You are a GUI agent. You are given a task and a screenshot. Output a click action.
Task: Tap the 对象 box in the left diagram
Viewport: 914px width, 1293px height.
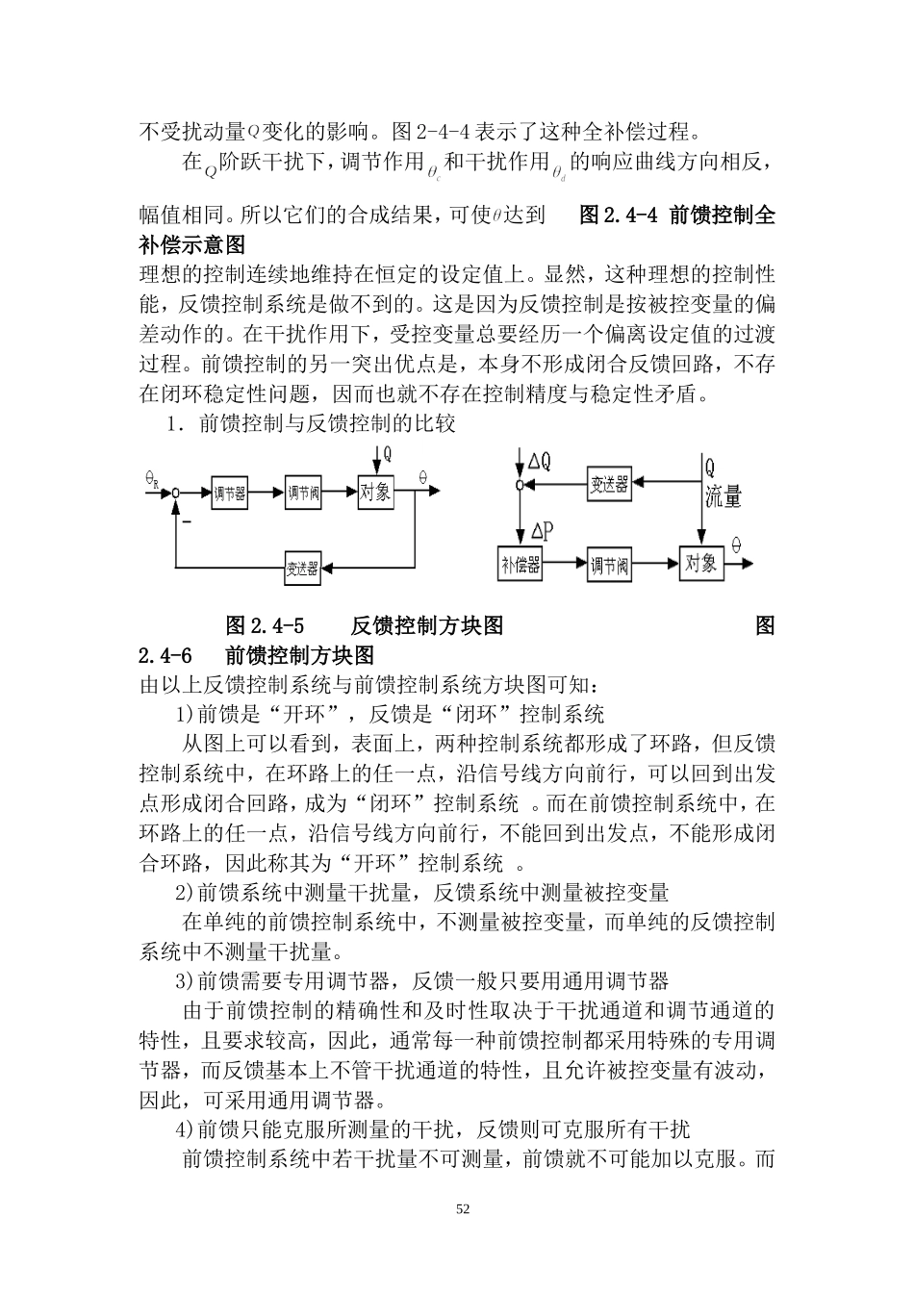coord(375,493)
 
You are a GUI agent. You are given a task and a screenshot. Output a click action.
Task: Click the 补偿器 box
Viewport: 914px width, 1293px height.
coord(520,565)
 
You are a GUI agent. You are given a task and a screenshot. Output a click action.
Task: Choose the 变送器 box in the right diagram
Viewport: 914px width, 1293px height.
coord(609,485)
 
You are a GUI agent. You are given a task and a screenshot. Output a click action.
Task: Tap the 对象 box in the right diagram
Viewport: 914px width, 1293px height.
coord(700,563)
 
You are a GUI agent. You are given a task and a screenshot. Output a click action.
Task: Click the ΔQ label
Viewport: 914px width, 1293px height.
coord(540,462)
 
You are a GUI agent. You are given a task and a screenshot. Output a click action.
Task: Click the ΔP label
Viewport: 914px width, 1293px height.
coord(542,530)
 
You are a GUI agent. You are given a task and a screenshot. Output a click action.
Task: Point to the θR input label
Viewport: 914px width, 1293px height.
coord(152,476)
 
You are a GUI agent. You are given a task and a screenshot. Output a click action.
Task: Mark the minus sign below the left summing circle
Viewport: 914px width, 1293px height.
coord(187,521)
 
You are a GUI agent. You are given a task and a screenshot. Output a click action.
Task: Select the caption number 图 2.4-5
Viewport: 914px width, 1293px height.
coord(265,625)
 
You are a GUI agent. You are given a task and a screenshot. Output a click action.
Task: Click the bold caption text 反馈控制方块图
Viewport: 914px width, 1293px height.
coord(427,625)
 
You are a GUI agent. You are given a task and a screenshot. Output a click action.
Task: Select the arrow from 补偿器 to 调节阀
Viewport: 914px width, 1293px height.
coord(565,565)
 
